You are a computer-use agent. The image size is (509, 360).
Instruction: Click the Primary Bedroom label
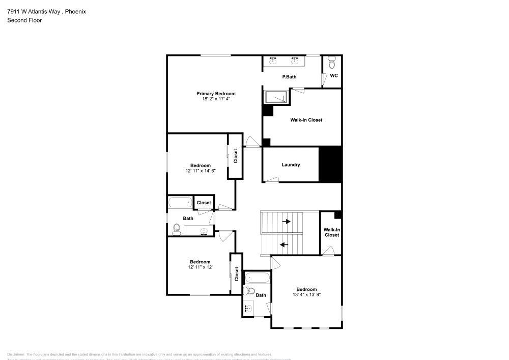(216, 94)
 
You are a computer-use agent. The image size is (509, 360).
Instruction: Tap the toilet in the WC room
(332, 63)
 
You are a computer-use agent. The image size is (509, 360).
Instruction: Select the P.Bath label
(289, 77)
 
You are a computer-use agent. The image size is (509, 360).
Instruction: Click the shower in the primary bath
(275, 97)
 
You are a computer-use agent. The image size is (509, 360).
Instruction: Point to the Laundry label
(291, 164)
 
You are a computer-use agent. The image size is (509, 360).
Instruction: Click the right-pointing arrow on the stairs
(287, 221)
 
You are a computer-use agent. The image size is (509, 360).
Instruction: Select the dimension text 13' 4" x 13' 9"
(306, 294)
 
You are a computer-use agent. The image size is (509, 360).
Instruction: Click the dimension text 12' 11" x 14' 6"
(201, 171)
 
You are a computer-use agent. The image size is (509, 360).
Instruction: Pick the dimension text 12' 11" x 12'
(200, 267)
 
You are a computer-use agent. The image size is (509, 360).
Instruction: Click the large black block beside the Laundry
(330, 164)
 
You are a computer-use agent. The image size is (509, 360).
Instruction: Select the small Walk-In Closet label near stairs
(331, 232)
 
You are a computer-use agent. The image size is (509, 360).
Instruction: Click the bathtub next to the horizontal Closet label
(180, 203)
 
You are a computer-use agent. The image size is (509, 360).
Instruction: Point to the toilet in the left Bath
(177, 229)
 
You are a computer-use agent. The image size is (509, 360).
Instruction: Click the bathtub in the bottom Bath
(257, 278)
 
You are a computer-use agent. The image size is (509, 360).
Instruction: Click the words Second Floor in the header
(24, 20)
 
